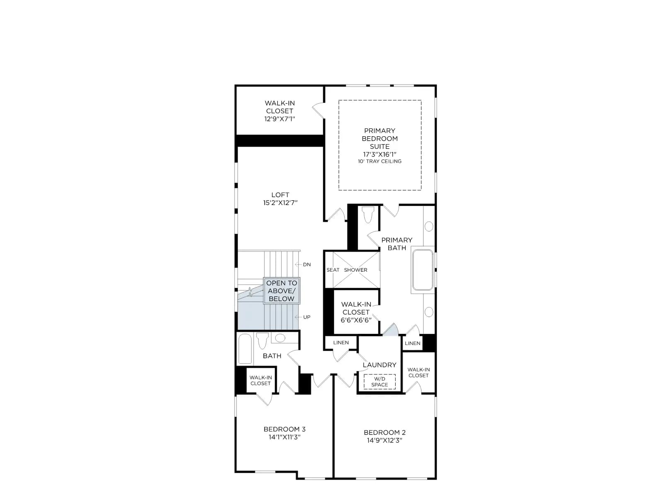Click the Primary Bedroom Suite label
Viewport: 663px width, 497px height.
click(x=380, y=142)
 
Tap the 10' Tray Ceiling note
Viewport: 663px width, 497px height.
click(x=380, y=162)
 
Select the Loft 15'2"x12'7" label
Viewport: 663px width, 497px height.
click(x=280, y=199)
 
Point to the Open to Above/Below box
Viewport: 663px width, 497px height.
click(x=281, y=291)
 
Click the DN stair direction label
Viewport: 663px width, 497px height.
click(x=307, y=265)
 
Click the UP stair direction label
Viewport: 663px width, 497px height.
click(x=307, y=317)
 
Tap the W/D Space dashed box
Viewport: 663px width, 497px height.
click(x=380, y=382)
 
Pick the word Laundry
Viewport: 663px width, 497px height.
click(x=380, y=365)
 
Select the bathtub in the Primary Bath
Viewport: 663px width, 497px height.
click(x=423, y=270)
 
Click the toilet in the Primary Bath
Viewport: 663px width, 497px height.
click(x=368, y=214)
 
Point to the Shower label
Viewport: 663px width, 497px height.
click(x=356, y=270)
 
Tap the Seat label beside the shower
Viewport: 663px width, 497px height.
click(x=333, y=270)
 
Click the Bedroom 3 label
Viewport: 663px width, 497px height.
click(x=285, y=433)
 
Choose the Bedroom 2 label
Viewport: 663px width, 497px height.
click(x=385, y=437)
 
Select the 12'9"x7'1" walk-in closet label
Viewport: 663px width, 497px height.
click(x=279, y=111)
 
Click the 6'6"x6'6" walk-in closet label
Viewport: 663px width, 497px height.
click(x=356, y=312)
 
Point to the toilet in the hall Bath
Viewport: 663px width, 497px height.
click(x=262, y=340)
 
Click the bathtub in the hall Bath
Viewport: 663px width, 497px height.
click(x=245, y=349)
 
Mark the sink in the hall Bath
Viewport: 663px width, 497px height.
click(x=280, y=338)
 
